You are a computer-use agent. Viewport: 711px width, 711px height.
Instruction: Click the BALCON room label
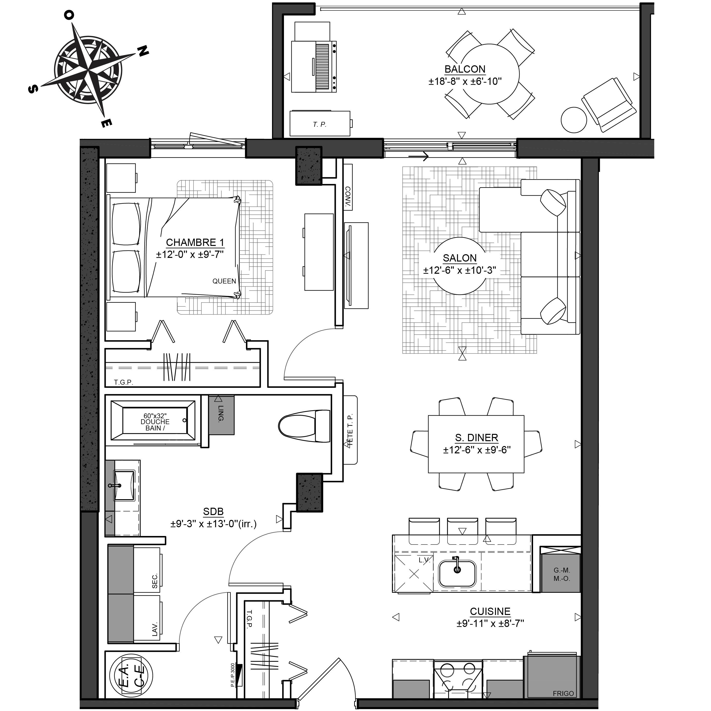(x=465, y=69)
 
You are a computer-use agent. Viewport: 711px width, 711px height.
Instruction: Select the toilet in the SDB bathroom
(x=304, y=426)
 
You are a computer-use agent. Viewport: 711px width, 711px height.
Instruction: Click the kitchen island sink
(x=457, y=573)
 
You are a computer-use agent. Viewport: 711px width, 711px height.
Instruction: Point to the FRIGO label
(x=563, y=693)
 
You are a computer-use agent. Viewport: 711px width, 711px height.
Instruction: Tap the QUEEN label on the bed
(x=224, y=281)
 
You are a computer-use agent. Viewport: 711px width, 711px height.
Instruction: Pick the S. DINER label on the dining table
(x=477, y=438)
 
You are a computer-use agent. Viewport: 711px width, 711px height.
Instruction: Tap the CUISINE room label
(x=490, y=611)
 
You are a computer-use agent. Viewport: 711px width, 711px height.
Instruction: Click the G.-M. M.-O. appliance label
(x=562, y=574)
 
